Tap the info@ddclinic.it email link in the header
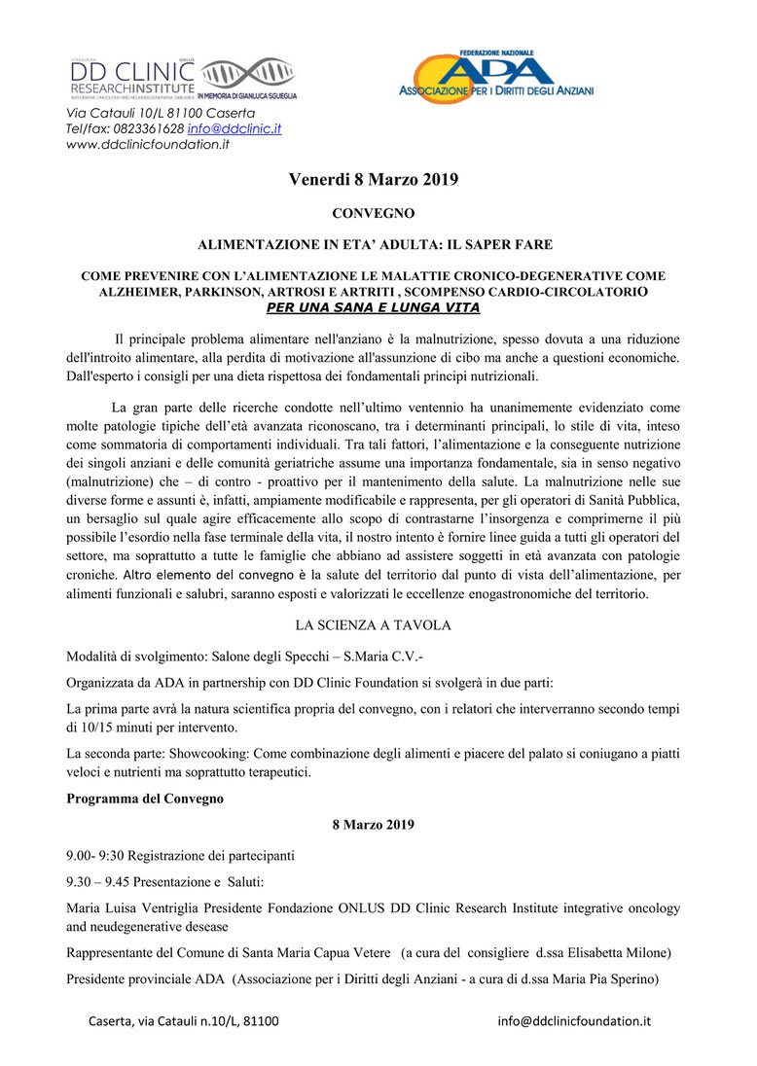(x=234, y=128)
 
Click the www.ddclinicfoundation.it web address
(x=147, y=144)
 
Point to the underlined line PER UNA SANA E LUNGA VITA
(x=373, y=307)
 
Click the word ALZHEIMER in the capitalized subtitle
(x=131, y=291)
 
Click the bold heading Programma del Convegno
(x=145, y=799)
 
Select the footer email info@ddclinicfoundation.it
(x=574, y=1021)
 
